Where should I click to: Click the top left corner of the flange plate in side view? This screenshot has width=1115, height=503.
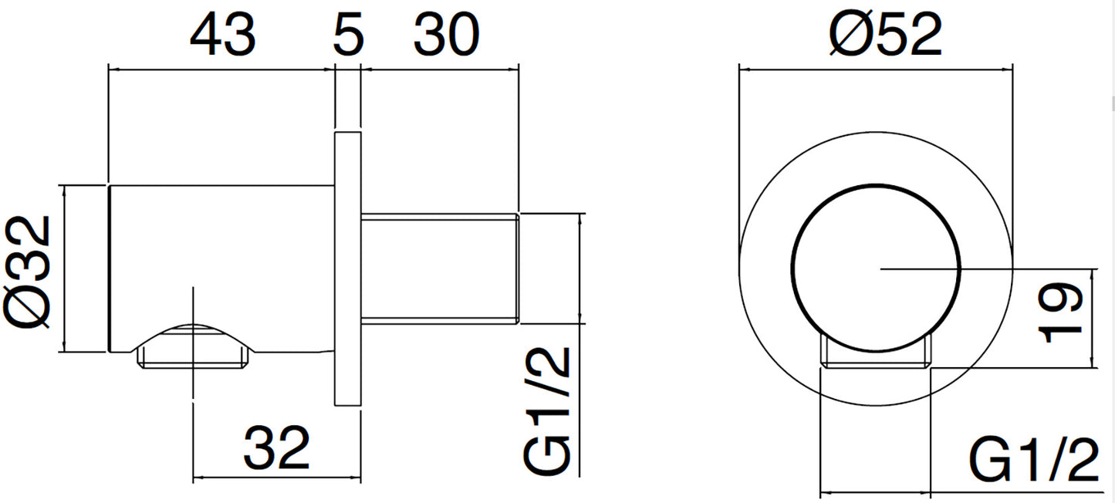335,133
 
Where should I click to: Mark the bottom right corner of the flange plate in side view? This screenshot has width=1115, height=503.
361,406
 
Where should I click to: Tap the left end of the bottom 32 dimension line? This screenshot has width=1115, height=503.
193,478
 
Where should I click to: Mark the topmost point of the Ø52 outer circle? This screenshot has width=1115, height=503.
876,132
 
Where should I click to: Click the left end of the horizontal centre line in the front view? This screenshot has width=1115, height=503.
880,269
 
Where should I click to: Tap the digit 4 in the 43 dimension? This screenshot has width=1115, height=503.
207,35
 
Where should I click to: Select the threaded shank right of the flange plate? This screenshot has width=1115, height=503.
440,269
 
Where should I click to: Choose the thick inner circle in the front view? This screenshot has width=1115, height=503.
876,269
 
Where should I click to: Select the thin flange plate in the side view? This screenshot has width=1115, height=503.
347,269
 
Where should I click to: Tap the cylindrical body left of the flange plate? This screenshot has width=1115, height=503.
221,268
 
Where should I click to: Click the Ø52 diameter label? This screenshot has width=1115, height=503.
886,34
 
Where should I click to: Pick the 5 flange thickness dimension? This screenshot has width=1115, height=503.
348,35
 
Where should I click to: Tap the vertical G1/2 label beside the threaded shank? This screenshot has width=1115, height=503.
546,410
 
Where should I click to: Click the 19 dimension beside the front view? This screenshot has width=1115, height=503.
1059,312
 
